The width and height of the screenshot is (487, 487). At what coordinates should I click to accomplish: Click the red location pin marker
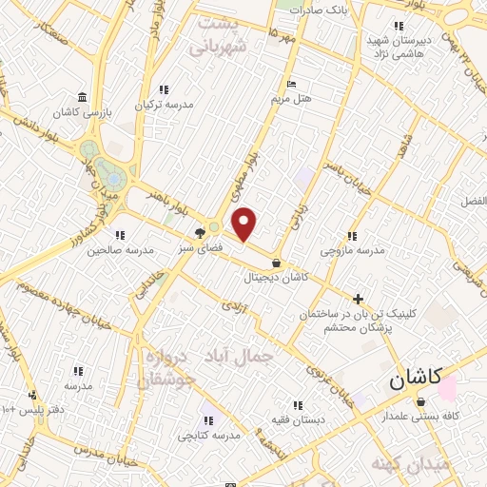coord(244,224)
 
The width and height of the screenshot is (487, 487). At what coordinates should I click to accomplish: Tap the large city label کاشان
coord(421,380)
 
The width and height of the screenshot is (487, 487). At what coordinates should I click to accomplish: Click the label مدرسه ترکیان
coord(165,105)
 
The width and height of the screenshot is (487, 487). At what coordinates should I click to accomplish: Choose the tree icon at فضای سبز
coord(200,231)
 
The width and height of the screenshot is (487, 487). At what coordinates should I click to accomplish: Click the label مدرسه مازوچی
coord(352,250)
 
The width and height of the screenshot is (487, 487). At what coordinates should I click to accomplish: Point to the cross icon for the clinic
coord(358,299)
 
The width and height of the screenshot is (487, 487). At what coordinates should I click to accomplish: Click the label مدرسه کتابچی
coord(209,435)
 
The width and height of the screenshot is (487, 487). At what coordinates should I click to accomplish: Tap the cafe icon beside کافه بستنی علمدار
coord(420,402)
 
